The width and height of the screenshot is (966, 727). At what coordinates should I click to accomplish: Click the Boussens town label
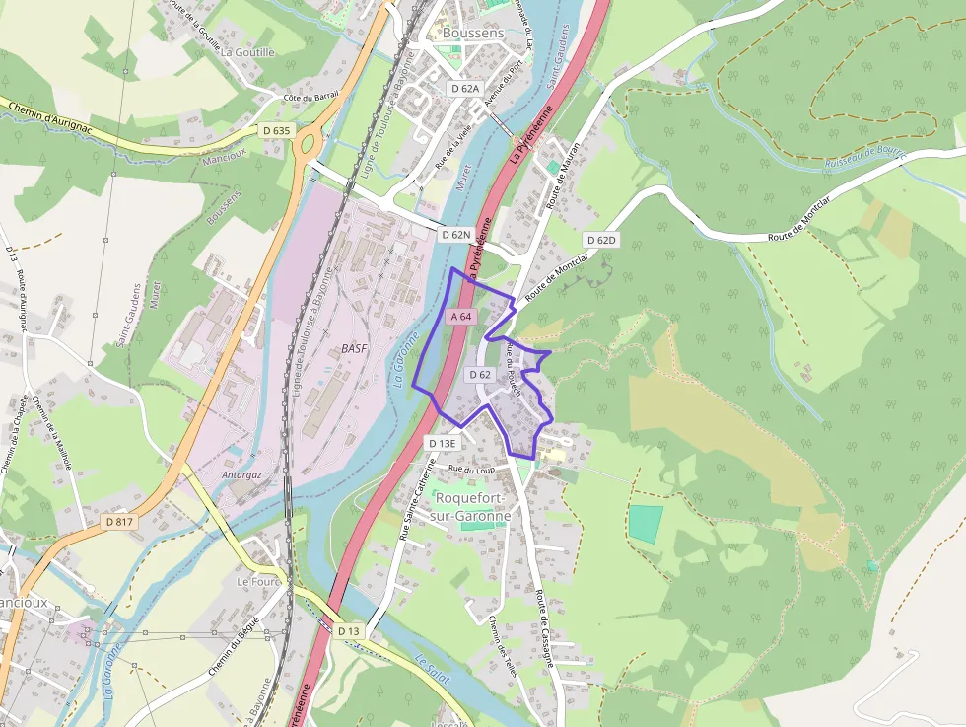(x=473, y=33)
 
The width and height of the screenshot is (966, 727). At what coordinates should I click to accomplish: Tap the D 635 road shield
(x=277, y=130)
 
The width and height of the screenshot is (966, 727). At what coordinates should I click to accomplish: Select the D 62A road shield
(x=464, y=89)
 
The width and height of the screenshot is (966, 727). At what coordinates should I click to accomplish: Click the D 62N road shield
(x=456, y=235)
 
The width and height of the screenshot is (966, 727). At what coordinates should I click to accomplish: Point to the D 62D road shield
(x=600, y=240)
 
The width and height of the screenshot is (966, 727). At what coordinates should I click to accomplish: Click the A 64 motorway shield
(x=461, y=317)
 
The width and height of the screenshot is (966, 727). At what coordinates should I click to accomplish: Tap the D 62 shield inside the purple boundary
(x=480, y=375)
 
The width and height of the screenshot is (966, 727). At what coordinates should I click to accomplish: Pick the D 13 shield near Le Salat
(x=349, y=630)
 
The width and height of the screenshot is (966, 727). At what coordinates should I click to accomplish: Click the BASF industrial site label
(x=354, y=349)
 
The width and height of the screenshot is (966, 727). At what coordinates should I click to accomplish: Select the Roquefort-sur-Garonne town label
(x=472, y=507)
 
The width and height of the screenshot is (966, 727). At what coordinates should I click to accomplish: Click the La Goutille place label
(x=247, y=52)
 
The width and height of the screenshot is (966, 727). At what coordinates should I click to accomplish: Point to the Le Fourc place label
(x=259, y=582)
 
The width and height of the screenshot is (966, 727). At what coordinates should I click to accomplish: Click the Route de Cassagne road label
(x=543, y=611)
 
